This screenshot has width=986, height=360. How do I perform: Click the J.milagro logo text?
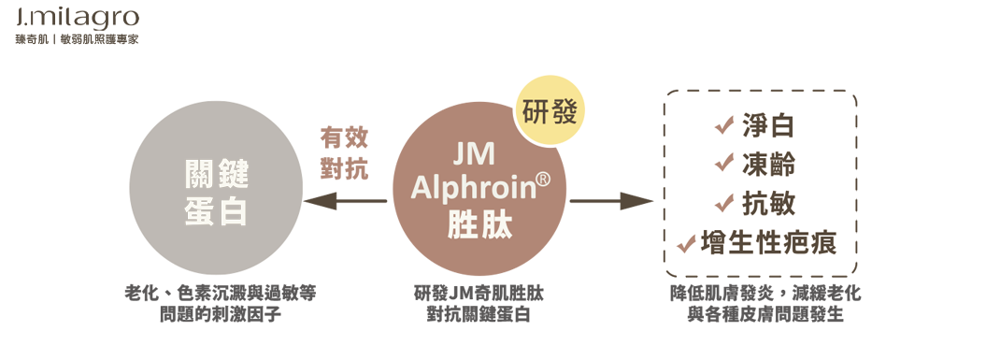pos(77,18)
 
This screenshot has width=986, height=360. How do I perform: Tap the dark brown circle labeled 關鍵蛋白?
pos(215,194)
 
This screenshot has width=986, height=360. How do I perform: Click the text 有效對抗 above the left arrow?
pos(344,153)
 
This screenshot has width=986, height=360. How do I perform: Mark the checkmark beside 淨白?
pos(722,125)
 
